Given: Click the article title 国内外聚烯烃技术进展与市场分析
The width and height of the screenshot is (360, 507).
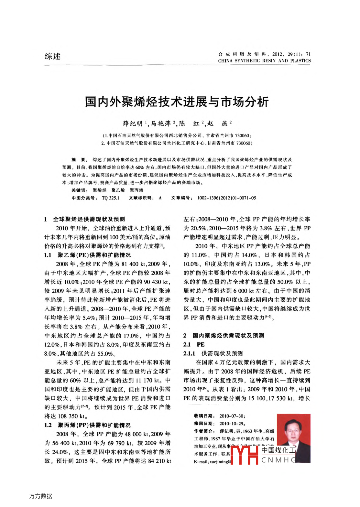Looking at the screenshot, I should [177, 102].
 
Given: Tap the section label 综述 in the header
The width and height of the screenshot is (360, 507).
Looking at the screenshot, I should [52, 56].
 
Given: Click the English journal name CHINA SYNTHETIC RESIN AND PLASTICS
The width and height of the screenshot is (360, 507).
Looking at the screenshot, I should [264, 61].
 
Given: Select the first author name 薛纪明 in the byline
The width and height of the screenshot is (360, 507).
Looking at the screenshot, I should [133, 124].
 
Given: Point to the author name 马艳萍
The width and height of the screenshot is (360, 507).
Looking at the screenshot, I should [161, 124].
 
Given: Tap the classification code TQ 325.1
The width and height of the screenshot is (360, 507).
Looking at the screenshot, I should [110, 198].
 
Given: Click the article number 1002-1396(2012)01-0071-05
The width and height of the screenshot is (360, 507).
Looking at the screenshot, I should [226, 198].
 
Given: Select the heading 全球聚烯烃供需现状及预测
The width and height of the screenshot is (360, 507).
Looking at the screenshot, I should [89, 219].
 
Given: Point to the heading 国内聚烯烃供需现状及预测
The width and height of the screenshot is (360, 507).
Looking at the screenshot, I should [228, 336].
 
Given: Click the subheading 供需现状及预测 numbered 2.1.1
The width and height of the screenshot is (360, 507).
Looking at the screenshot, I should [222, 353].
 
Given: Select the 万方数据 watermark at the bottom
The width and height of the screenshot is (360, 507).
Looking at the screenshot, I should [41, 496].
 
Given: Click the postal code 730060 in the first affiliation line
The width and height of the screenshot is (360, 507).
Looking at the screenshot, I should [242, 135].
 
